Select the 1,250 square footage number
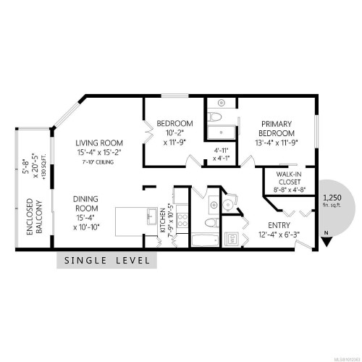click(332, 197)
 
